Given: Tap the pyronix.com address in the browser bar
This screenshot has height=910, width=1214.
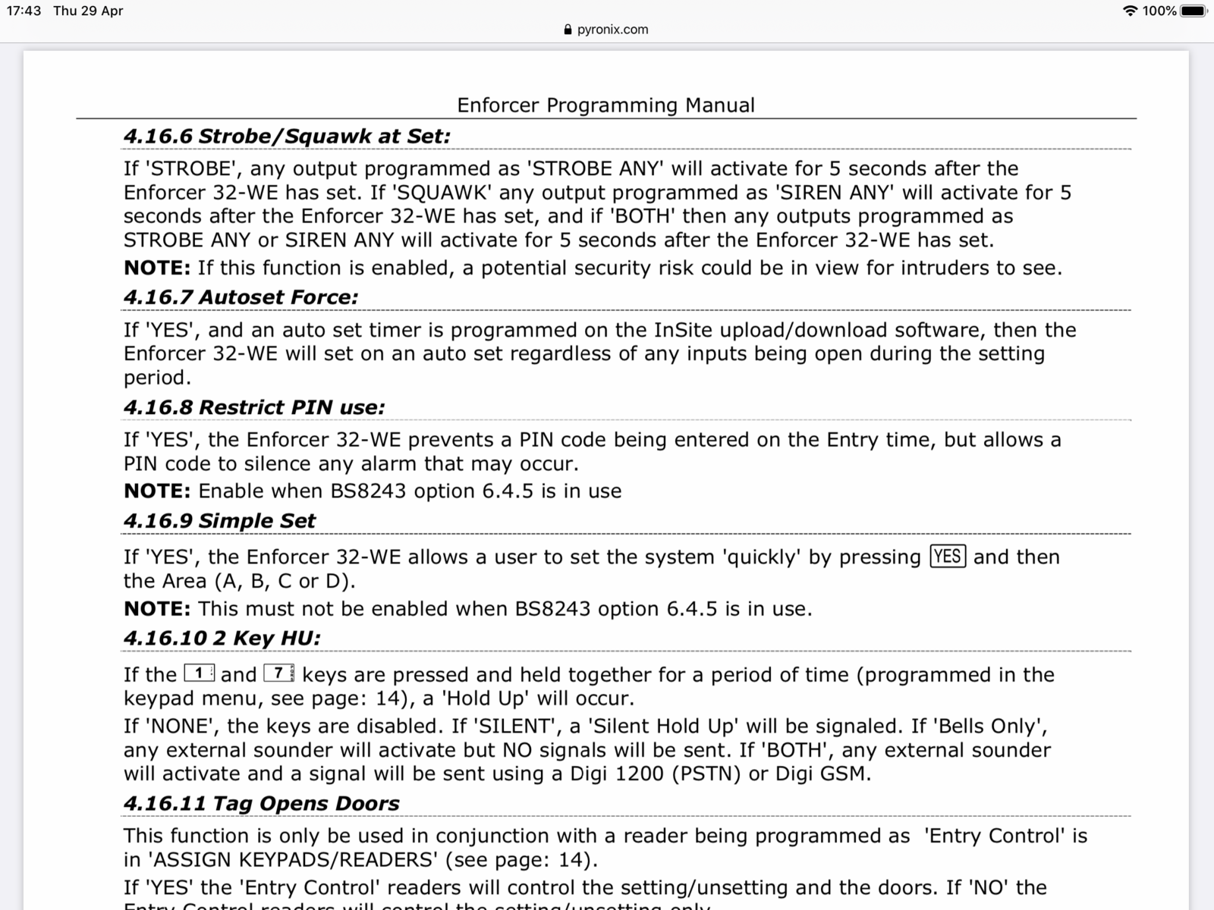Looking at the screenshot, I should (612, 30).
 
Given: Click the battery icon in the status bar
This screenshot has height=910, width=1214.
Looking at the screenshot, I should (1194, 11).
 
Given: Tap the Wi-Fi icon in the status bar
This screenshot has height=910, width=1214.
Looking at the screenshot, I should (1130, 11).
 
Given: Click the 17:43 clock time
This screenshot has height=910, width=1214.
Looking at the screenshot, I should (24, 11).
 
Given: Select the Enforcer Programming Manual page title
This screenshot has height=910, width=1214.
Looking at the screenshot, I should (605, 105).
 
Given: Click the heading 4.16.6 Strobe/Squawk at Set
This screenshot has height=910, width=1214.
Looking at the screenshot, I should (287, 136).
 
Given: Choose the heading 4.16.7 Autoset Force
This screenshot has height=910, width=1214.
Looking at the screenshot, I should (241, 297).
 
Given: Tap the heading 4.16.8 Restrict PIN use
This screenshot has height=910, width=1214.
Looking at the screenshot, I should (254, 407).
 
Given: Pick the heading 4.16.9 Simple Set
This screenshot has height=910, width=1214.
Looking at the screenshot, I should (219, 521).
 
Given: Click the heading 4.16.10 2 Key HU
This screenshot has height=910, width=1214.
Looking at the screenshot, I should (222, 639).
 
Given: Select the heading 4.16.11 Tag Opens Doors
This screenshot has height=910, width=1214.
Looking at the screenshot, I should (261, 804).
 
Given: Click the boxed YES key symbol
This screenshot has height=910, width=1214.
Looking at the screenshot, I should (948, 557).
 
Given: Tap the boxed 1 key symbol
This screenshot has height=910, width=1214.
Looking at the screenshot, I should (200, 673).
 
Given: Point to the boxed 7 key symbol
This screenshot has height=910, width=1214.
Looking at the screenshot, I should (279, 673).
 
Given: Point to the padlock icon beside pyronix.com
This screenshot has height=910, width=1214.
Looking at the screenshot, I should (568, 30).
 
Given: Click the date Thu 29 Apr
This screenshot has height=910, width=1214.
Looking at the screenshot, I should (88, 11).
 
